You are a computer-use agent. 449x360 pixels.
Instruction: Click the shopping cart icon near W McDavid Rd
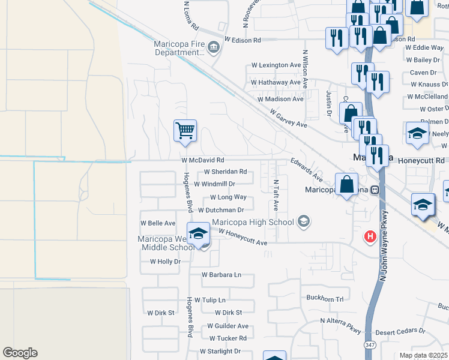coord(185,130)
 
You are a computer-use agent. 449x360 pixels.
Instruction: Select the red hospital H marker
coord(370,237)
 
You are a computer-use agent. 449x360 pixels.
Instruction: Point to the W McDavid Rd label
coord(203,161)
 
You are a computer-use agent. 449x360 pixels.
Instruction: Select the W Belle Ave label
coord(157,223)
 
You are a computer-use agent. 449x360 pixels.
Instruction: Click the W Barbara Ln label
coord(221,275)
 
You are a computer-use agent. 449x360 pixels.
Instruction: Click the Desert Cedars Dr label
coord(400,331)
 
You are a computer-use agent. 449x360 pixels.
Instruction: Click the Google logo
coord(20,353)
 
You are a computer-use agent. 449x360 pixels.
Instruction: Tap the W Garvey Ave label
coord(288,118)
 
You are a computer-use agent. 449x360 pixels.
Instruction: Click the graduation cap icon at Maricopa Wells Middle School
coord(198,234)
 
